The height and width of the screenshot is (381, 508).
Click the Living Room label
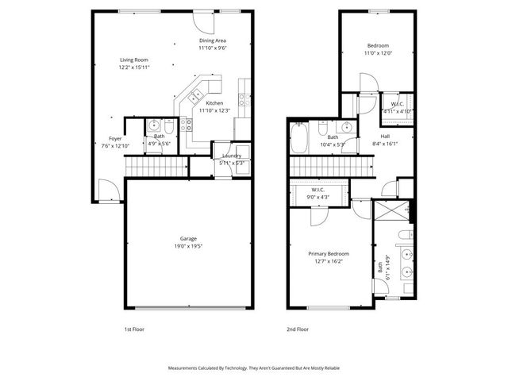coord(134,60)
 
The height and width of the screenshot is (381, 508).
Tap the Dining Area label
coord(213,40)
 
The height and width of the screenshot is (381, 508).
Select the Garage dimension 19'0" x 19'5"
coord(188,246)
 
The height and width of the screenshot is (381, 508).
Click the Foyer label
coord(116,138)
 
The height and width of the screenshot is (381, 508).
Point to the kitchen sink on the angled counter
coord(194,96)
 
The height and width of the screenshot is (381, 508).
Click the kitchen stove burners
coord(187,123)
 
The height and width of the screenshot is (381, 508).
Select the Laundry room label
coord(232,156)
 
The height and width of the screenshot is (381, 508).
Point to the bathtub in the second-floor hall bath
coord(300,138)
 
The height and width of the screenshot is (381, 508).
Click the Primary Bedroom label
coord(329,254)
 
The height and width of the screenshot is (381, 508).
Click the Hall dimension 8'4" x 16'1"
coord(384,144)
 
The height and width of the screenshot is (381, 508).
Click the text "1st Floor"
coord(134,328)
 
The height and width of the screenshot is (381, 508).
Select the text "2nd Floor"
coord(297,328)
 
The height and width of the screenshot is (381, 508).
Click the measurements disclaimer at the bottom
coord(254,368)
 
